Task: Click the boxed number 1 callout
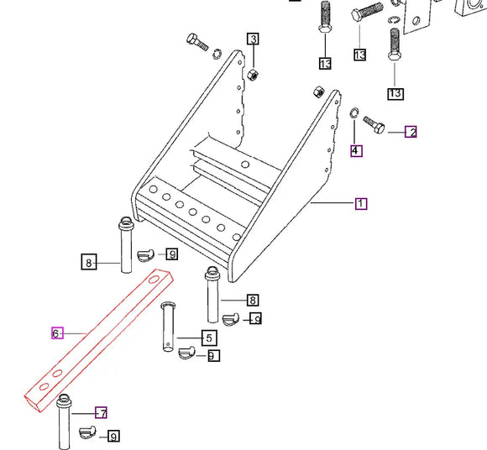[360, 203]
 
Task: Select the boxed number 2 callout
[411, 131]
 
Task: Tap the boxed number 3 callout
[253, 39]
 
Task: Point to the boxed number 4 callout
[356, 151]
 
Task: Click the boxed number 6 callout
[57, 333]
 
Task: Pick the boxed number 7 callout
[101, 413]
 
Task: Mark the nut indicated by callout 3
[253, 72]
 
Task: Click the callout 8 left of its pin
[89, 263]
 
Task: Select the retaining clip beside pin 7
[87, 432]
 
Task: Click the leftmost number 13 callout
[325, 63]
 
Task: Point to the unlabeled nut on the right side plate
[317, 91]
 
